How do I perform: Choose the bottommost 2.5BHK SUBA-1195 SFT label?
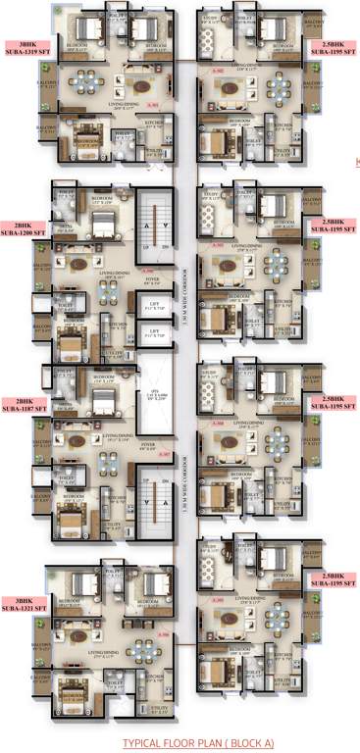[x=332, y=579]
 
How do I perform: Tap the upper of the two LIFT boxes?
[x=155, y=308]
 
